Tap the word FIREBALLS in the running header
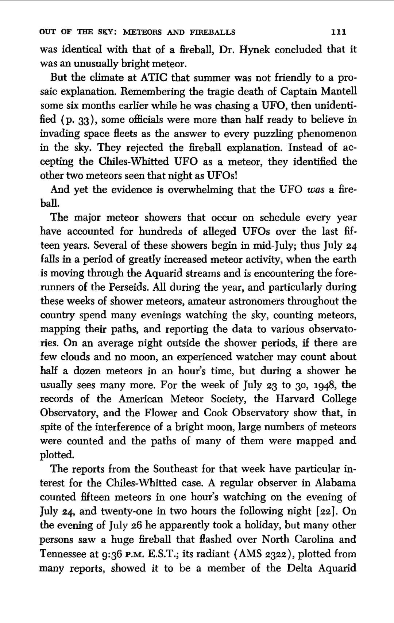click(212, 32)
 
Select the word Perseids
click(128, 287)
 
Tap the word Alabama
click(335, 483)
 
